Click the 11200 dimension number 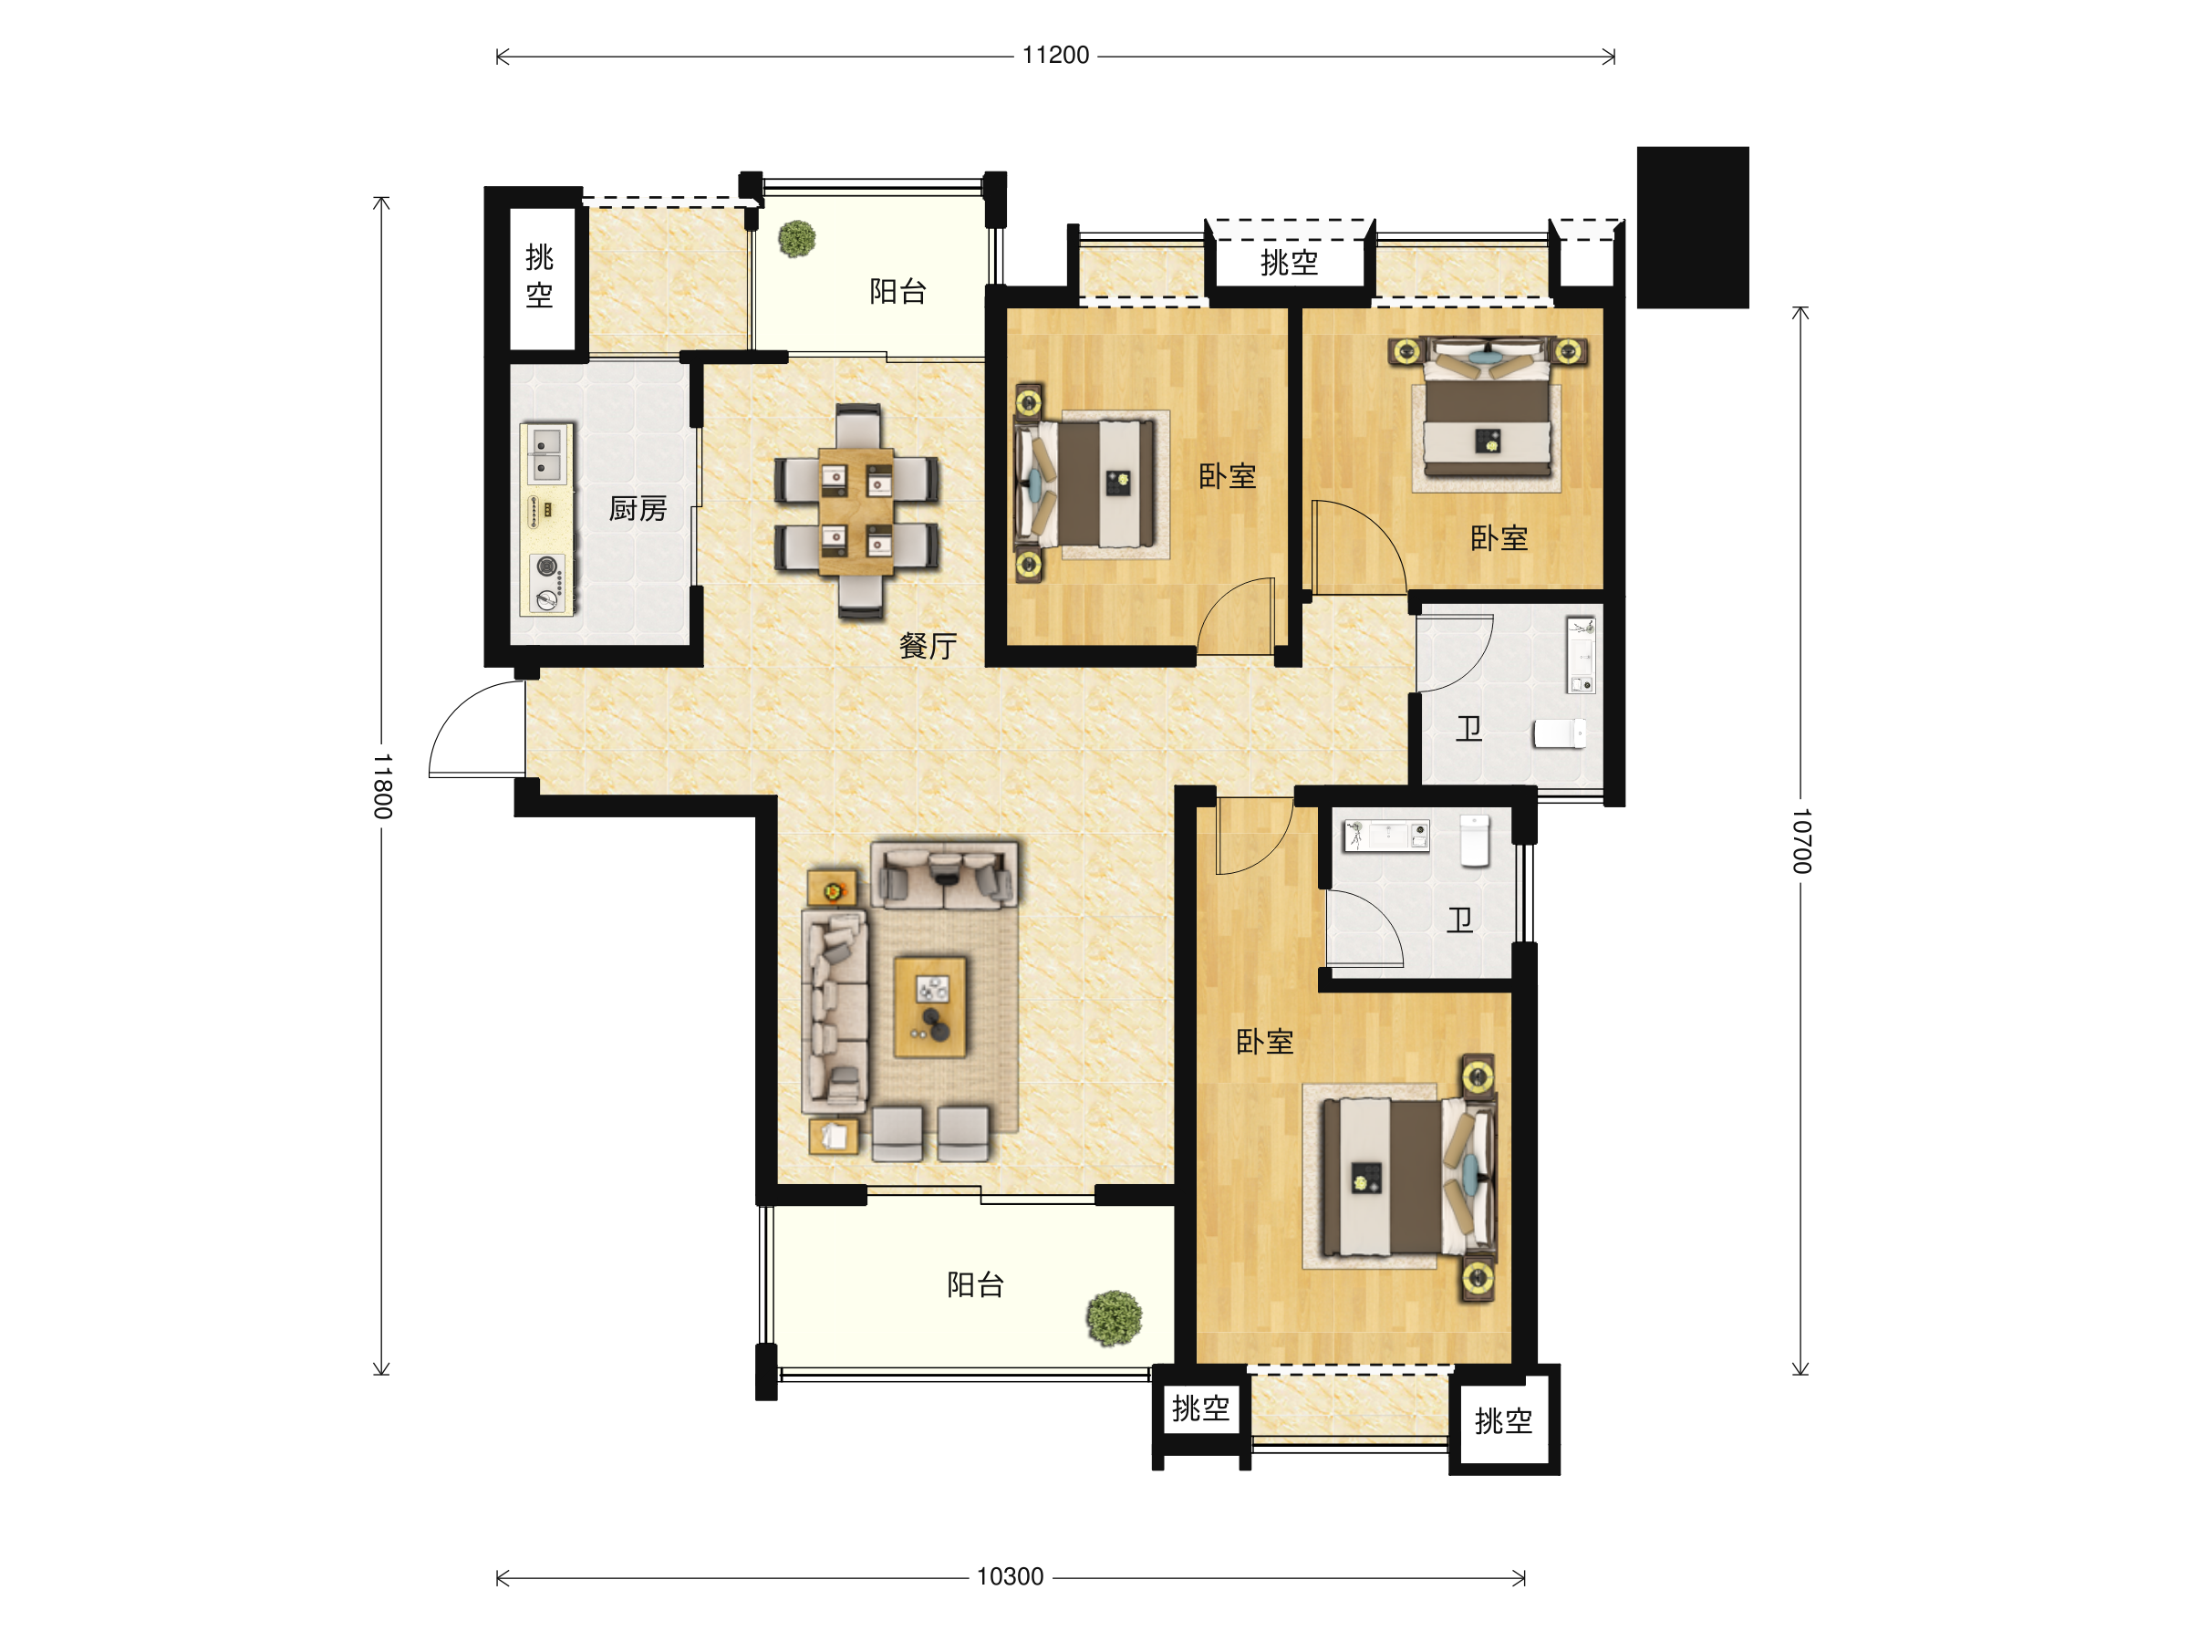click(1055, 56)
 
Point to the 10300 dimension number click(1010, 1576)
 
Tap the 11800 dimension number click(383, 785)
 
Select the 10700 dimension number click(1802, 840)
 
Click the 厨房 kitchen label click(638, 509)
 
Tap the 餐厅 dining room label click(928, 646)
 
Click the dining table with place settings click(857, 511)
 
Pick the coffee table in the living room click(930, 1006)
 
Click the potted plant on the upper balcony click(796, 238)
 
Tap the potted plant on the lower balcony click(1114, 1318)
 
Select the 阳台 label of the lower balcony click(975, 1284)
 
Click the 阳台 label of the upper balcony click(897, 291)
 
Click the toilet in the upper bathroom click(1561, 733)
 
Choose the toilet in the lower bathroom click(1475, 840)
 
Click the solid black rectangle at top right click(1692, 228)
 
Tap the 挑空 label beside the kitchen click(539, 276)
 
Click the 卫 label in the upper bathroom click(1468, 730)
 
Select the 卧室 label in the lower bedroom click(1265, 1041)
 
